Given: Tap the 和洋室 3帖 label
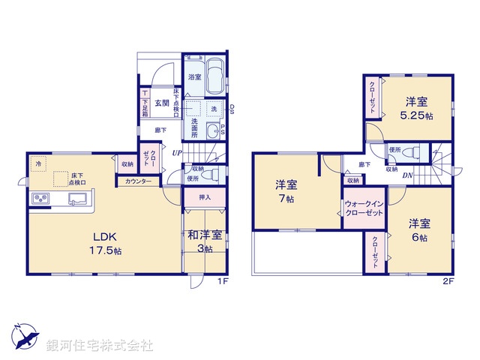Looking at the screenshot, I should pyautogui.click(x=204, y=241).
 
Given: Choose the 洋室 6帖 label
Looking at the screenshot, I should pyautogui.click(x=418, y=230).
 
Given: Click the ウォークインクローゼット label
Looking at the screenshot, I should pyautogui.click(x=364, y=209).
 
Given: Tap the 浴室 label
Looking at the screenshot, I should pyautogui.click(x=193, y=77).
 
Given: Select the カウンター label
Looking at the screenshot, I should pyautogui.click(x=138, y=181).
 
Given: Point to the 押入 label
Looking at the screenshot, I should pyautogui.click(x=204, y=197).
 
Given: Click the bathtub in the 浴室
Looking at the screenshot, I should pyautogui.click(x=215, y=75).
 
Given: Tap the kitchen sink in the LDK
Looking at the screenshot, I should pyautogui.click(x=78, y=199).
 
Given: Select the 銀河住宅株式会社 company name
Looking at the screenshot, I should pyautogui.click(x=100, y=346).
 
